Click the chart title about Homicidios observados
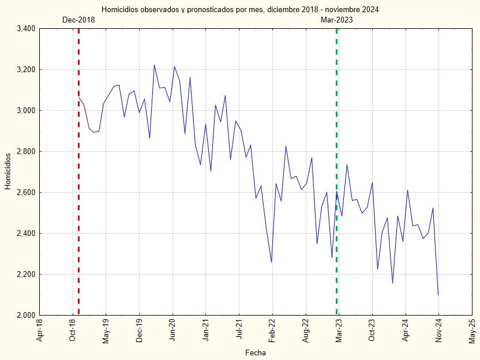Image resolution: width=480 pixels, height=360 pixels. [x=240, y=10]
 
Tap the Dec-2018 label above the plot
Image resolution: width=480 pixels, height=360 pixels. [x=78, y=20]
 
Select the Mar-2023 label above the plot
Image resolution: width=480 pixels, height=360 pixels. [x=337, y=20]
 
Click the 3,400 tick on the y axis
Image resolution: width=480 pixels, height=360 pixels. [x=25, y=29]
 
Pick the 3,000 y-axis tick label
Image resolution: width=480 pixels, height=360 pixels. [x=25, y=111]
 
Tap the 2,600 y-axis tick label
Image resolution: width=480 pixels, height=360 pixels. [x=25, y=193]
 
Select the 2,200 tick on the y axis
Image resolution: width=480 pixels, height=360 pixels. [x=25, y=275]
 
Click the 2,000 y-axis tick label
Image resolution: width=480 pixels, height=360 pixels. [x=25, y=316]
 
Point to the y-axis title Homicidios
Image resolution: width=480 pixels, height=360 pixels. [x=8, y=171]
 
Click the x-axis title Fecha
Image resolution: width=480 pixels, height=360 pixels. [x=255, y=352]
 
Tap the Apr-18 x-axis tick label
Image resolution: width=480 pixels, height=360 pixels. [x=39, y=331]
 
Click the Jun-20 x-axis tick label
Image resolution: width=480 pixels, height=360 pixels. [x=172, y=331]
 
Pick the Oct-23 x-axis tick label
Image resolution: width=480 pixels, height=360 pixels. [x=372, y=331]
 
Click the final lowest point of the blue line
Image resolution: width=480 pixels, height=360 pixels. [x=438, y=295]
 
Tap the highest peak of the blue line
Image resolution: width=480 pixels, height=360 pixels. [x=154, y=65]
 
